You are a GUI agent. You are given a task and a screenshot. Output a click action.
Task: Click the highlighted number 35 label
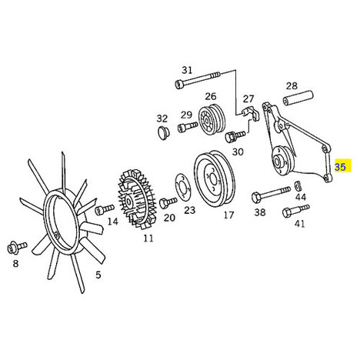click(x=340, y=167)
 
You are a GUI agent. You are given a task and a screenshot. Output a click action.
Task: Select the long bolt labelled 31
click(x=198, y=79)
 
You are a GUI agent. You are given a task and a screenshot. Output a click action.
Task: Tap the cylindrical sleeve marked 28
click(x=298, y=98)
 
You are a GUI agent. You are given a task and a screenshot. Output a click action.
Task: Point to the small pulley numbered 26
click(x=212, y=119)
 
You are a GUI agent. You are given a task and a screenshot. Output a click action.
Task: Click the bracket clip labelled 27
click(x=251, y=114)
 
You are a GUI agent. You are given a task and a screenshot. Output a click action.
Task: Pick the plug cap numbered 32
click(x=162, y=133)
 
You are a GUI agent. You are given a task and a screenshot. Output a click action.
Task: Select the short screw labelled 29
click(x=188, y=127)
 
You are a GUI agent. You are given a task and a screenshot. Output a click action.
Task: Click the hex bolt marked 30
click(x=235, y=135)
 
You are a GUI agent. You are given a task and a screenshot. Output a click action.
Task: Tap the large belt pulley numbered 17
click(x=215, y=178)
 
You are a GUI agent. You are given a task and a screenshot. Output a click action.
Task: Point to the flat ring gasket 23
click(x=184, y=186)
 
